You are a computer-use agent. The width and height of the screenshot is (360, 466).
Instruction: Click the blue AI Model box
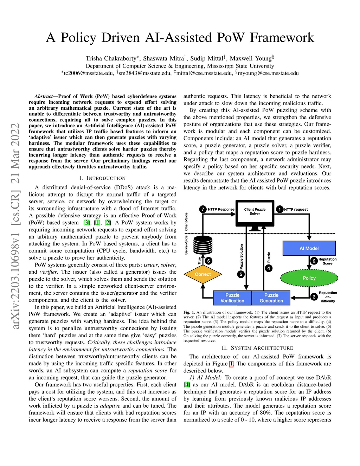click(309, 248)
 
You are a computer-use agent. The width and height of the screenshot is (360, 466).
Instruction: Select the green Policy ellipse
click(309, 278)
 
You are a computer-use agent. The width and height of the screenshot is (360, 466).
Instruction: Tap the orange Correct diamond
click(203, 274)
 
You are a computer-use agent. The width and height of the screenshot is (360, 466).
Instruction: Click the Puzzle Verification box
click(232, 298)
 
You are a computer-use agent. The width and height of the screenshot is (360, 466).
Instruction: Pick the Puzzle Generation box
click(271, 298)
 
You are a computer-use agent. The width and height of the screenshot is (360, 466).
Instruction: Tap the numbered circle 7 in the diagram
click(203, 209)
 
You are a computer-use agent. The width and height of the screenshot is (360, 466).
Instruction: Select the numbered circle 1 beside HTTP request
click(279, 209)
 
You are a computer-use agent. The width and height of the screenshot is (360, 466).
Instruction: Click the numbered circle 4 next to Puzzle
click(269, 268)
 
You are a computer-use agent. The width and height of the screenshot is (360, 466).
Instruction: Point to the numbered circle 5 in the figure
click(241, 274)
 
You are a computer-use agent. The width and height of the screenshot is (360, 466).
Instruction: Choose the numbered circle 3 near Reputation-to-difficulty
click(314, 297)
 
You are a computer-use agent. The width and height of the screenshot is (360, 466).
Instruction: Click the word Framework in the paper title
click(282, 38)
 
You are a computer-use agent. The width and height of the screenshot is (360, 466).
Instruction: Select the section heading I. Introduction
click(103, 178)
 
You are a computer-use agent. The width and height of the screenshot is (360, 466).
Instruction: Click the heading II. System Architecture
click(257, 348)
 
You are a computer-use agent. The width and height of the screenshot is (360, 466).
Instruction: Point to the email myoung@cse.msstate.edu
click(268, 73)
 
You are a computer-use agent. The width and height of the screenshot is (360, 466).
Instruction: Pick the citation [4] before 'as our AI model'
click(187, 385)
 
